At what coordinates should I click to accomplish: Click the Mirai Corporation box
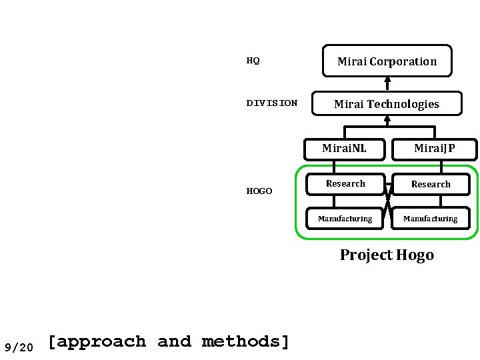point(387,61)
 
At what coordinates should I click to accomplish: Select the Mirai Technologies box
point(387,103)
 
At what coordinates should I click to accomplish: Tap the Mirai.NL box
point(344,148)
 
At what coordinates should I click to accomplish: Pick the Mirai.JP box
point(434,148)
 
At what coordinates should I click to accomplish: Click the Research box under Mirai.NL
point(345,183)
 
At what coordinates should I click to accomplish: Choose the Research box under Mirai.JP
point(431,184)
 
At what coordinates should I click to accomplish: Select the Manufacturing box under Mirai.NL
point(345,218)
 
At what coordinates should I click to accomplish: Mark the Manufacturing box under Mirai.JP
point(430,218)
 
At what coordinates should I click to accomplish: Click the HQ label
point(253,61)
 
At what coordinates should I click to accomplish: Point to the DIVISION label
point(272,103)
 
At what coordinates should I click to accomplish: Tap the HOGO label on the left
point(259,191)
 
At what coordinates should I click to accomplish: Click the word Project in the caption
point(366,255)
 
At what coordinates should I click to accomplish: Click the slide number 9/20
point(19,347)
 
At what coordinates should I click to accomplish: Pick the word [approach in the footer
point(97,342)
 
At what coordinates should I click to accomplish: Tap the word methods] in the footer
point(246,342)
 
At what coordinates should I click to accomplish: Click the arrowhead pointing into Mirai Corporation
point(387,79)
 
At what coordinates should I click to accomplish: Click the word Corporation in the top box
point(404,61)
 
